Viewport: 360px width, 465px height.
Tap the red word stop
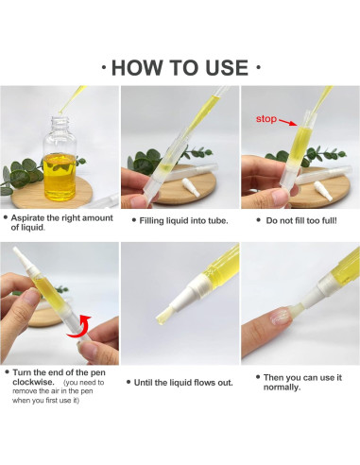[267, 120]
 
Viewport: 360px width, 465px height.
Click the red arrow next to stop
[290, 121]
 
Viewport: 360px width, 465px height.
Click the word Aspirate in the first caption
[34, 217]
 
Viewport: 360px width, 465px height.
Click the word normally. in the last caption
[283, 387]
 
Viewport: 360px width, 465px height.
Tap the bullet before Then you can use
[258, 376]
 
